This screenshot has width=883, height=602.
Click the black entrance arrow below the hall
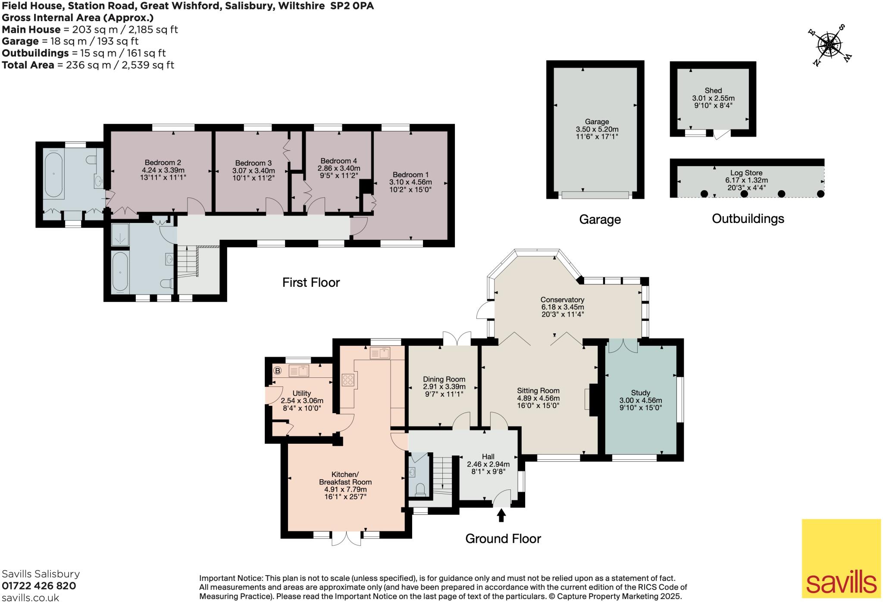[x=501, y=515]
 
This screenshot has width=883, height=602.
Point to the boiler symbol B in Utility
[x=278, y=370]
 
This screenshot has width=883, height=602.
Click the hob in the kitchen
[x=348, y=380]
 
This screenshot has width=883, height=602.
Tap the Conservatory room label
[x=562, y=300]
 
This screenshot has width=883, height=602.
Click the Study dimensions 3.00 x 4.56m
[x=640, y=400]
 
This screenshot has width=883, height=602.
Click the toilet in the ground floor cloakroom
[x=420, y=489]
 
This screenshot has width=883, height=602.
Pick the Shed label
[x=713, y=91]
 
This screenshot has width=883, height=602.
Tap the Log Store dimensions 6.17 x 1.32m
[x=746, y=180]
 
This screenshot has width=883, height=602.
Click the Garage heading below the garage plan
[x=600, y=219]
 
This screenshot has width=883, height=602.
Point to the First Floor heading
[x=311, y=282]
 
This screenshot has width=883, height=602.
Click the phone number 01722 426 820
[x=39, y=586]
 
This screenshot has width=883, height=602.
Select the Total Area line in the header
[x=88, y=65]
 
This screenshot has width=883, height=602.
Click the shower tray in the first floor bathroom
[x=120, y=235]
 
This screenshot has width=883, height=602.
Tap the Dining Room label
[x=444, y=379]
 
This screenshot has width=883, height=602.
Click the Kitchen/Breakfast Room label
[x=345, y=478]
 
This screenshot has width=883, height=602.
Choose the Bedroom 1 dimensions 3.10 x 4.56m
[x=410, y=182]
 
